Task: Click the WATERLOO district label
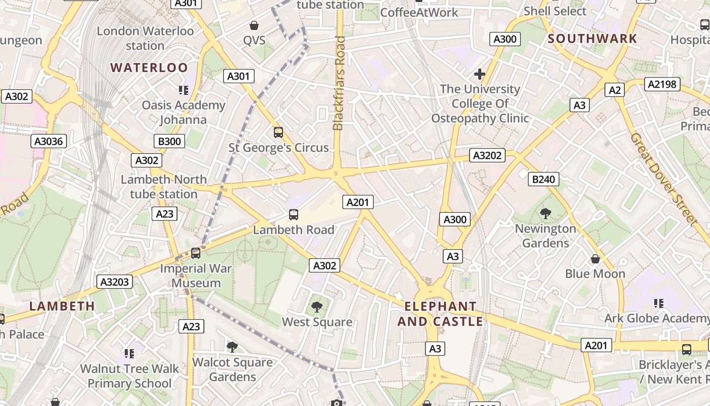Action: point(149,67)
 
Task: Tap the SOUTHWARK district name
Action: point(592,39)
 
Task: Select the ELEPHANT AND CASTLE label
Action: point(440,314)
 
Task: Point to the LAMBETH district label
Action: point(62,306)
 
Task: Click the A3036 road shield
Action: point(49,141)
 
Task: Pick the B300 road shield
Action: point(169,141)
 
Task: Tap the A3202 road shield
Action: point(487,155)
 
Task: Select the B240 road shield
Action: point(544,179)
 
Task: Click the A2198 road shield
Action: point(662,84)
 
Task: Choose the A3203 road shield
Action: point(115,282)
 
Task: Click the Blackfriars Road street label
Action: point(339,83)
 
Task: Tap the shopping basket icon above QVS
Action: point(254,25)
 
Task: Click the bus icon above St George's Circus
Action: point(278,132)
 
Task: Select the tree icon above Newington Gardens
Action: point(546,213)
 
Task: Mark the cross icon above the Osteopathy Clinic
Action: point(479,75)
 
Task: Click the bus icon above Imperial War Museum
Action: point(196,253)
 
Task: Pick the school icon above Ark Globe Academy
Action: point(658,303)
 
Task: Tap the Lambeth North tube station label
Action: point(164,187)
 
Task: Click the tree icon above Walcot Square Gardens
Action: point(232,347)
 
